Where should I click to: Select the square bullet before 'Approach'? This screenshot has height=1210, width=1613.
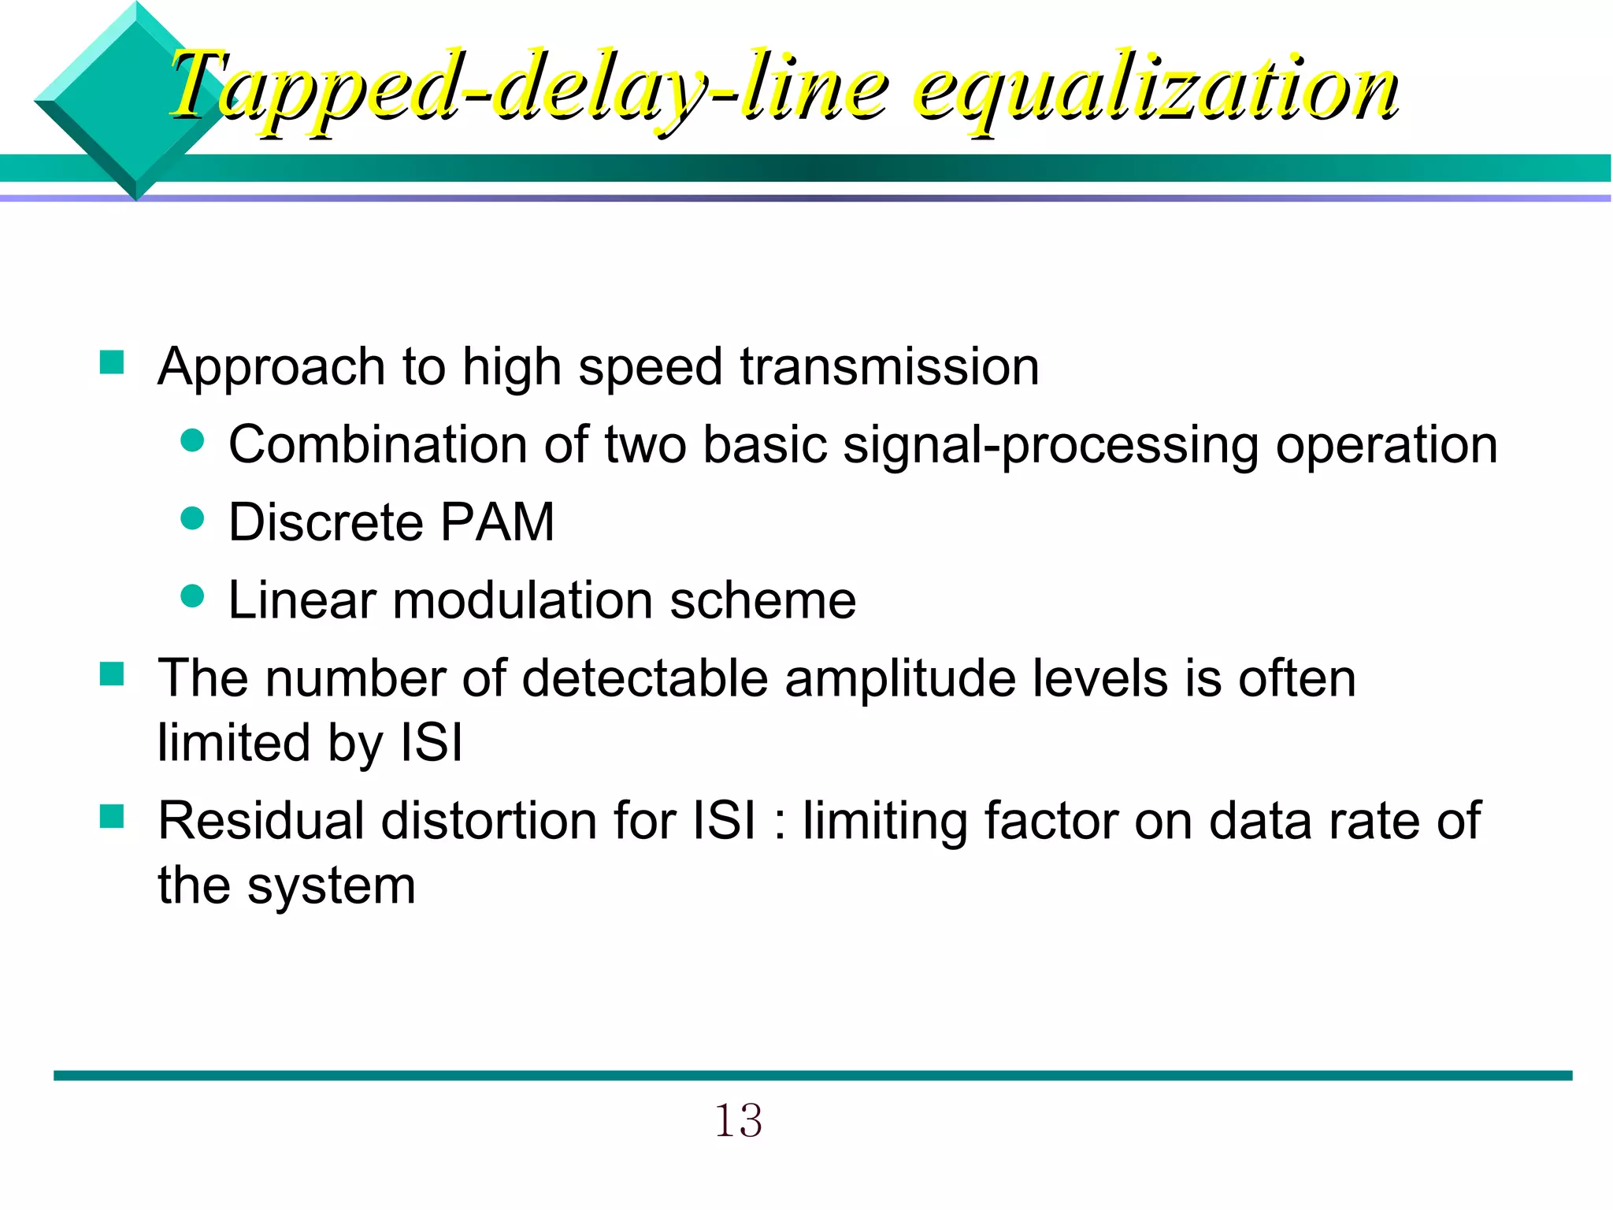pos(112,363)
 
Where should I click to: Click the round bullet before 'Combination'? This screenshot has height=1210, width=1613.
pos(192,440)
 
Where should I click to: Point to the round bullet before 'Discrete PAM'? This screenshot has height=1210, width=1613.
pos(192,518)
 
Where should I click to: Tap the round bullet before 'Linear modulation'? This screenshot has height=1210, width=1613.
pos(192,596)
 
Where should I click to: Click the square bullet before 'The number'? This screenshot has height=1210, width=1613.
pos(112,674)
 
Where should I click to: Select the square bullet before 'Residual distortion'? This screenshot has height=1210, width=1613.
pos(112,817)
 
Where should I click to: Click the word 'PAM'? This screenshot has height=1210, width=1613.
pos(497,522)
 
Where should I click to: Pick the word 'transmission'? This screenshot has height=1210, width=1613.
pos(889,367)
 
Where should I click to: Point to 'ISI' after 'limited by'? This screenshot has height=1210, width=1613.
pos(432,743)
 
